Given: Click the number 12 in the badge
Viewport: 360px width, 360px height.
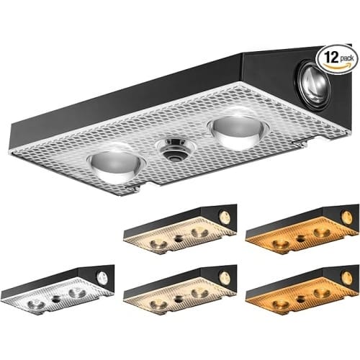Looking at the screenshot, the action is (x=331, y=57).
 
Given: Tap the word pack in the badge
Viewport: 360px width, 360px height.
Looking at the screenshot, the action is (x=346, y=58).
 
